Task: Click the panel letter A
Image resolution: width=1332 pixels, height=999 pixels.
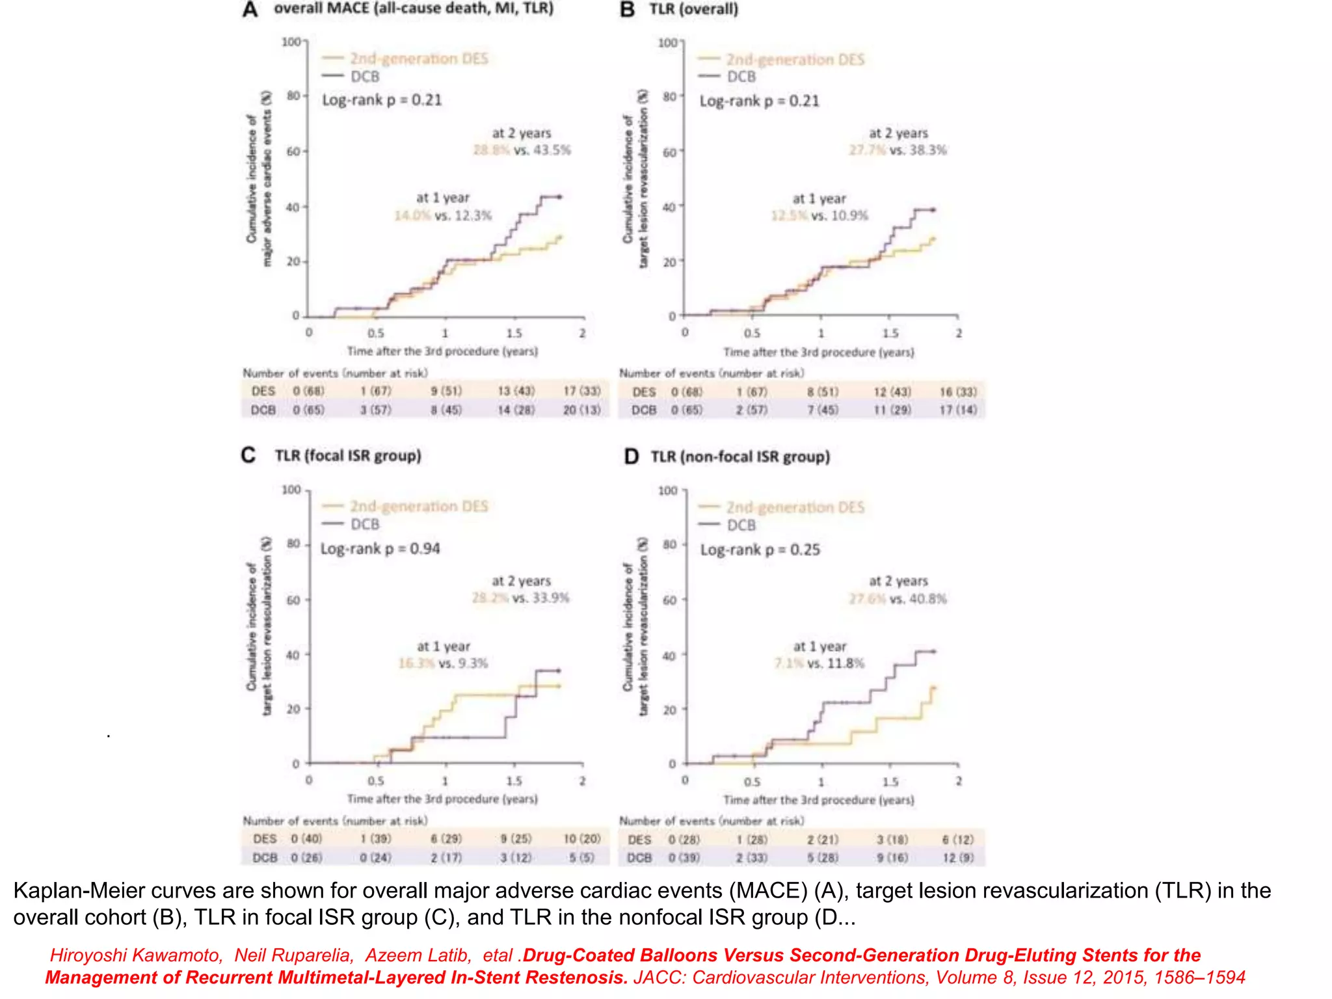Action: pos(250,10)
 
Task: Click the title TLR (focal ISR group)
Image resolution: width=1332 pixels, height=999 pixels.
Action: pos(347,455)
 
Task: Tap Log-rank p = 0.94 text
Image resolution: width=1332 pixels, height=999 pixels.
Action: pos(380,549)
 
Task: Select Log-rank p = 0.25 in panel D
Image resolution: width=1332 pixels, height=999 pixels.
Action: pos(760,550)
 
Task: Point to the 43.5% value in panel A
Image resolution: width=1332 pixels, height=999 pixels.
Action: pos(552,150)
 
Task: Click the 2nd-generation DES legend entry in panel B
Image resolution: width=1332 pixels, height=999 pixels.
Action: pos(795,60)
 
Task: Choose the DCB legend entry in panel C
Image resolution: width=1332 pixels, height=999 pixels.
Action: pos(364,524)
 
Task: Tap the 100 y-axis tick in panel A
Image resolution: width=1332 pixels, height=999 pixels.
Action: pos(291,42)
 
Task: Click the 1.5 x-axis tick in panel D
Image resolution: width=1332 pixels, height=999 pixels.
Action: pos(890,782)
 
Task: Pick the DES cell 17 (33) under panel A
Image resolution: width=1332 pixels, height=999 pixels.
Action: pos(581,391)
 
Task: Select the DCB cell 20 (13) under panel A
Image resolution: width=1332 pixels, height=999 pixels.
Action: pos(581,410)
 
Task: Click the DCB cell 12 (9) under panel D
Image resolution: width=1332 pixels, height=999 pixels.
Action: pos(958,858)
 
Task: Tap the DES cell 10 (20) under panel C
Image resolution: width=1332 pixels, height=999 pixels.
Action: pos(581,839)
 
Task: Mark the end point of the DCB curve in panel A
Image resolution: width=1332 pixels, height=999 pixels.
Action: pos(560,196)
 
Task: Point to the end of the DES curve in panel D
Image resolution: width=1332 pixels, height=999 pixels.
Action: pos(934,687)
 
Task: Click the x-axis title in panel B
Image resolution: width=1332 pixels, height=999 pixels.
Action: pos(818,353)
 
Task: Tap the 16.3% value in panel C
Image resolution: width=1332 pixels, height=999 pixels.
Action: pos(416,663)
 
